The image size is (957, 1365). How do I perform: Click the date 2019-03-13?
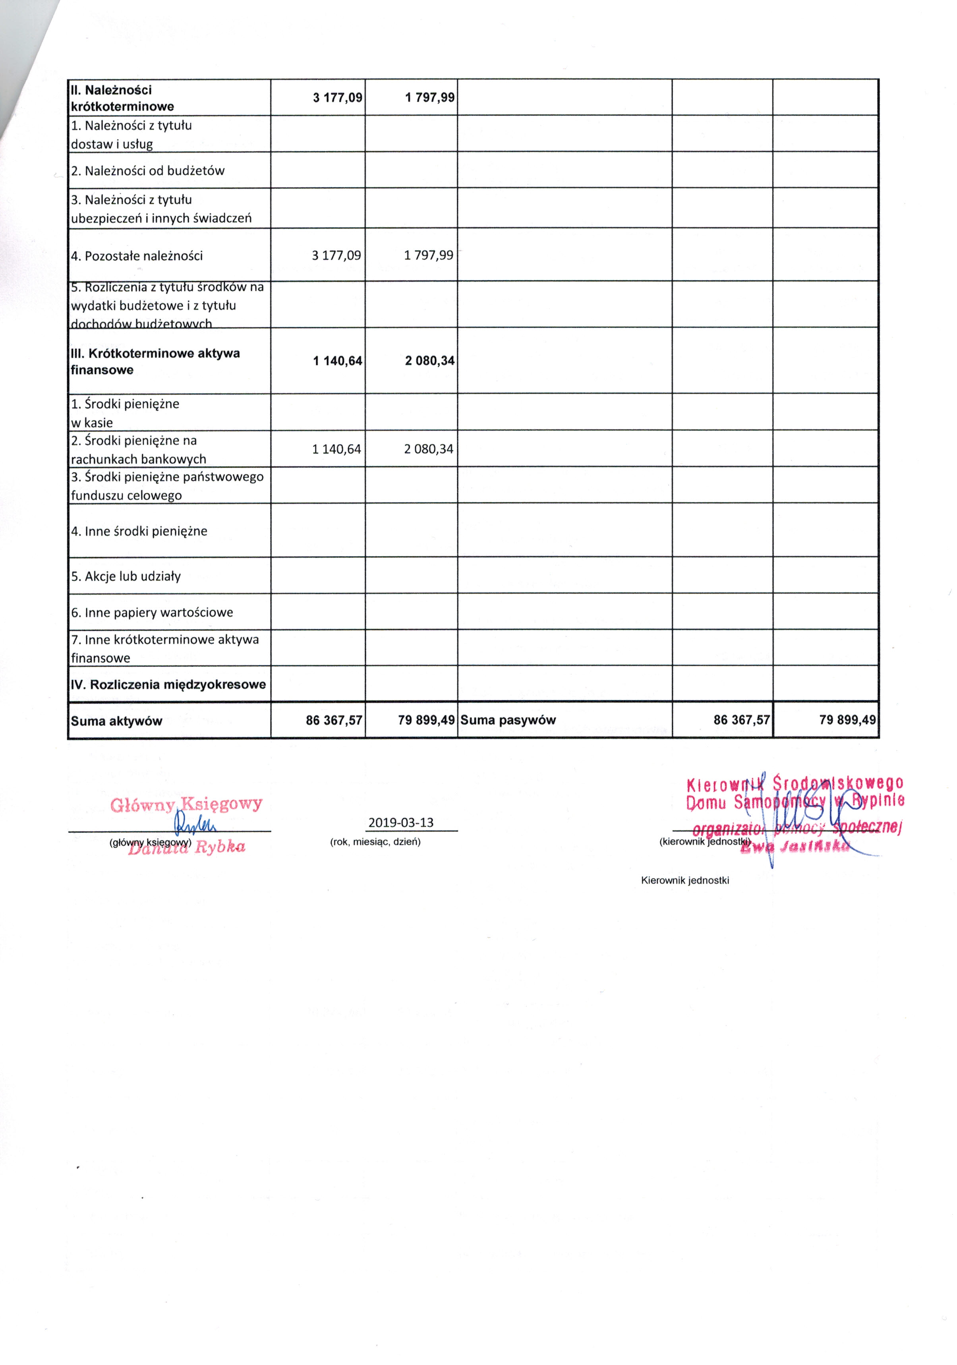(400, 823)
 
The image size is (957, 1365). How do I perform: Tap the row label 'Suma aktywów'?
(116, 721)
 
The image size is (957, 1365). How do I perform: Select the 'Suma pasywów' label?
(508, 720)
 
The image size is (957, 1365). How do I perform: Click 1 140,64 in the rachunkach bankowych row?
(336, 449)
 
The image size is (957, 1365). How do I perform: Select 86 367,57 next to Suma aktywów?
(334, 721)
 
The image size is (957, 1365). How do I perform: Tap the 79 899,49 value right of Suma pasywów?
(847, 720)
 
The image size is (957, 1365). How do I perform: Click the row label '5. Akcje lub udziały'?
(126, 576)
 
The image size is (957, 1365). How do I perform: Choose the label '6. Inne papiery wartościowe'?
(152, 612)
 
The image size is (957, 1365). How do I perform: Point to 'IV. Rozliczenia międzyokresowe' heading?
(168, 684)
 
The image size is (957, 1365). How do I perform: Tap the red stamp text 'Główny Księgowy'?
(186, 804)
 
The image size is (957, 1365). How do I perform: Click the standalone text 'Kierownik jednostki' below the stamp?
(685, 880)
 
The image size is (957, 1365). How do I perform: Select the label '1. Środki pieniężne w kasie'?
(125, 413)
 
